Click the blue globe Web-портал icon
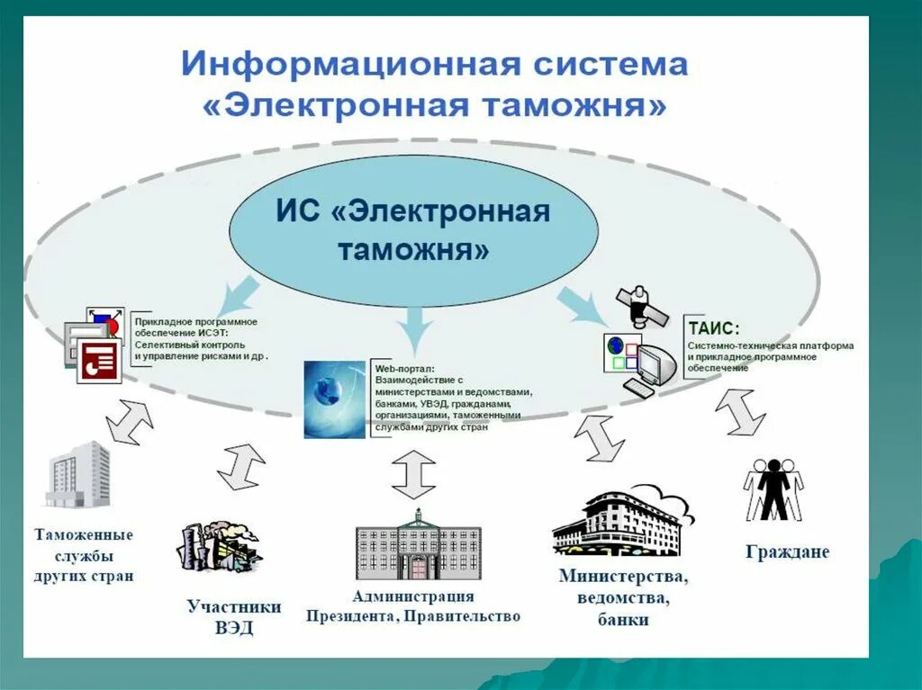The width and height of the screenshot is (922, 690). (x=334, y=399)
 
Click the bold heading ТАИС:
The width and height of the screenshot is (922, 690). (x=712, y=328)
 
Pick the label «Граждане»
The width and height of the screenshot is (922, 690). (x=787, y=551)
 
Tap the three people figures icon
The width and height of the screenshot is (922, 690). (x=773, y=490)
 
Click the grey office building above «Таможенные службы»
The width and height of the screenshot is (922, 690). (x=78, y=474)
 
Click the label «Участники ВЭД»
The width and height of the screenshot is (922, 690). (x=234, y=617)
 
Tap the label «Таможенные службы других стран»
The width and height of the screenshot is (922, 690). (x=84, y=554)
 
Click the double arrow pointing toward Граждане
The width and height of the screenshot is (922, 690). (x=740, y=412)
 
